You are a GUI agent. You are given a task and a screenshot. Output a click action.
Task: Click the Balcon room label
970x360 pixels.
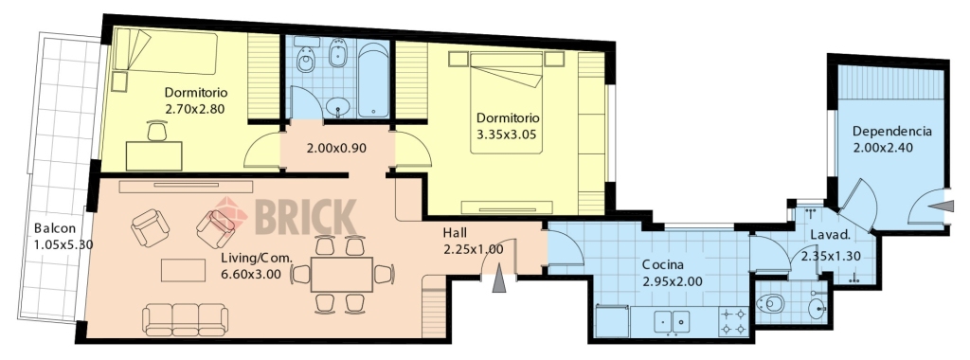(x=55, y=227)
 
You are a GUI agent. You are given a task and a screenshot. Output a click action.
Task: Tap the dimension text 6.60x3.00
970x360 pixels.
(x=251, y=273)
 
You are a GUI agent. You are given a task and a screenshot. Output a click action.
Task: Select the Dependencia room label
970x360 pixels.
(x=892, y=132)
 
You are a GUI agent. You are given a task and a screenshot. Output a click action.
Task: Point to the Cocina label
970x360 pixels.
(x=663, y=265)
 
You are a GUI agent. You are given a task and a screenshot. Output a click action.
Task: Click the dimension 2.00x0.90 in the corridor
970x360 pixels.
(x=336, y=149)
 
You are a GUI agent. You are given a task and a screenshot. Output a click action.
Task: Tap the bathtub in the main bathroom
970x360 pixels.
(x=373, y=79)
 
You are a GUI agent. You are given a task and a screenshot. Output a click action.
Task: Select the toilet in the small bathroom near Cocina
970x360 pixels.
(x=770, y=304)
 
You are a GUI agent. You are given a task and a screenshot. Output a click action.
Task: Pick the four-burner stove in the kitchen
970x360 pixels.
(x=734, y=320)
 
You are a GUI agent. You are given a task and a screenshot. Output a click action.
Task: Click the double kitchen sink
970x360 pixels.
(x=673, y=321)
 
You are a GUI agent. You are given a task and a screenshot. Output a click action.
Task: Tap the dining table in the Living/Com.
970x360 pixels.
(x=341, y=275)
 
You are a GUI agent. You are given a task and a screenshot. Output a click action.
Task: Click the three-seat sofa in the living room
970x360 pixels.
(x=185, y=318)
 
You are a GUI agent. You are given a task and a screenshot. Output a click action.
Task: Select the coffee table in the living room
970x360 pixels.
(x=183, y=270)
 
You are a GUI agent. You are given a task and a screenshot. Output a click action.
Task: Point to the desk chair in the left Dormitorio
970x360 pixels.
(x=157, y=132)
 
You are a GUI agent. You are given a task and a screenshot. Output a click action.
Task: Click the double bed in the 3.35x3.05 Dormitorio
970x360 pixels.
(x=506, y=102)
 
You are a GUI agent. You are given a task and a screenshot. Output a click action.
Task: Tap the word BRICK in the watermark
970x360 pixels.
(x=306, y=217)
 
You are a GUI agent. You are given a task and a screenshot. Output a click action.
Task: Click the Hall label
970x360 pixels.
(x=455, y=233)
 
